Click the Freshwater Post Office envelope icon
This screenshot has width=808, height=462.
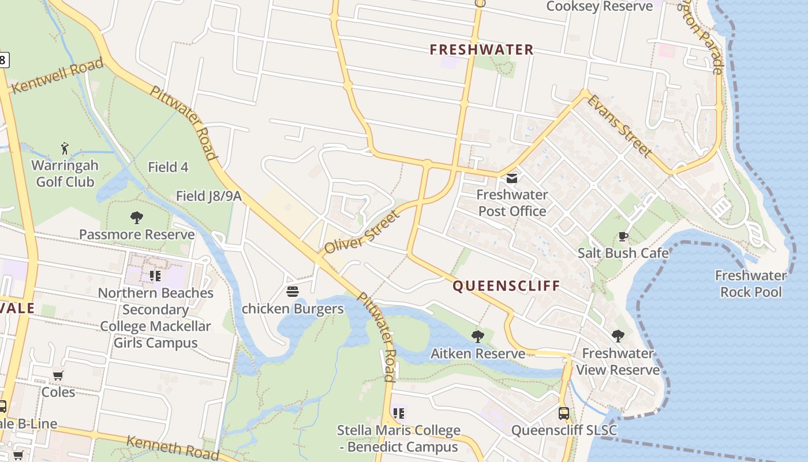pyautogui.click(x=512, y=178)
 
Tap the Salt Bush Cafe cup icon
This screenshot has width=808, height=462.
pyautogui.click(x=623, y=236)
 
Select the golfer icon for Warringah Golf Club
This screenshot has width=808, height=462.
pyautogui.click(x=65, y=148)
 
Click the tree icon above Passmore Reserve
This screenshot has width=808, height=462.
pyautogui.click(x=137, y=218)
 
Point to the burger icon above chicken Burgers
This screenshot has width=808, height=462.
pyautogui.click(x=293, y=292)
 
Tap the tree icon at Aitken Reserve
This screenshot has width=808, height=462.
pyautogui.click(x=477, y=336)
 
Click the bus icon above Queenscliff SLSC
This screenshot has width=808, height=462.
pyautogui.click(x=564, y=413)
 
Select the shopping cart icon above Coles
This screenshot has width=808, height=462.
pyautogui.click(x=58, y=375)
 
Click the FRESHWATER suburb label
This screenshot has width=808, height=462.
pyautogui.click(x=481, y=50)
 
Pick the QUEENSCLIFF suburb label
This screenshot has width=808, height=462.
pyautogui.click(x=506, y=286)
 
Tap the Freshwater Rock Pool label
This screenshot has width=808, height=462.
pyautogui.click(x=751, y=284)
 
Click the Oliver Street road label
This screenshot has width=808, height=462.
pyautogui.click(x=361, y=233)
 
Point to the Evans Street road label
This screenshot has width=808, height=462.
pyautogui.click(x=619, y=126)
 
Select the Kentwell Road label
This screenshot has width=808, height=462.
pyautogui.click(x=57, y=76)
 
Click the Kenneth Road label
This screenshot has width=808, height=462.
pyautogui.click(x=173, y=448)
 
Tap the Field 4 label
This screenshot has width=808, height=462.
pyautogui.click(x=168, y=167)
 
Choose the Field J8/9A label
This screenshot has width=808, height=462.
pyautogui.click(x=208, y=196)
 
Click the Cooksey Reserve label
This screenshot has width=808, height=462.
pyautogui.click(x=599, y=6)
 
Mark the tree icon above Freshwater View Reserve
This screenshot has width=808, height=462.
pyautogui.click(x=618, y=336)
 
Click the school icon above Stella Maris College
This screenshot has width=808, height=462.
pyautogui.click(x=398, y=413)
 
